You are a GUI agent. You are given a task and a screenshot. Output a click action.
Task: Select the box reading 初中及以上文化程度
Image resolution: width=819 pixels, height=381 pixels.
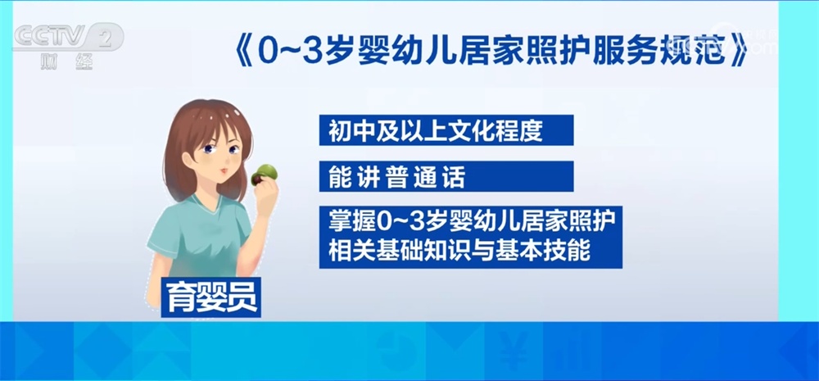442,132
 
